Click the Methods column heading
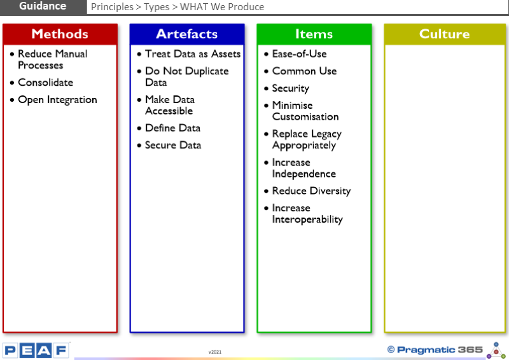click(x=60, y=34)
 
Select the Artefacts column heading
click(x=186, y=34)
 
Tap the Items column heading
click(x=314, y=34)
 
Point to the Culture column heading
click(x=444, y=34)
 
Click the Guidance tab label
click(x=43, y=6)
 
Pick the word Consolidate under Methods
click(x=45, y=83)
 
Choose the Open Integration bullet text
click(x=57, y=100)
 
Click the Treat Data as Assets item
click(x=193, y=54)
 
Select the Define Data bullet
click(x=172, y=128)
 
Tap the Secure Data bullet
click(x=173, y=145)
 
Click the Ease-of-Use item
click(x=299, y=54)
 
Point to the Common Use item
click(x=305, y=71)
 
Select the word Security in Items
click(x=291, y=88)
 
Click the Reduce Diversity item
click(x=312, y=191)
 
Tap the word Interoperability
click(x=307, y=219)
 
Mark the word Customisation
click(x=305, y=116)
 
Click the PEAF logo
click(x=36, y=350)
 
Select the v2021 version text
click(x=215, y=352)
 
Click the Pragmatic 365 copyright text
click(x=435, y=350)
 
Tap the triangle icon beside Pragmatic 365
click(x=496, y=350)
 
